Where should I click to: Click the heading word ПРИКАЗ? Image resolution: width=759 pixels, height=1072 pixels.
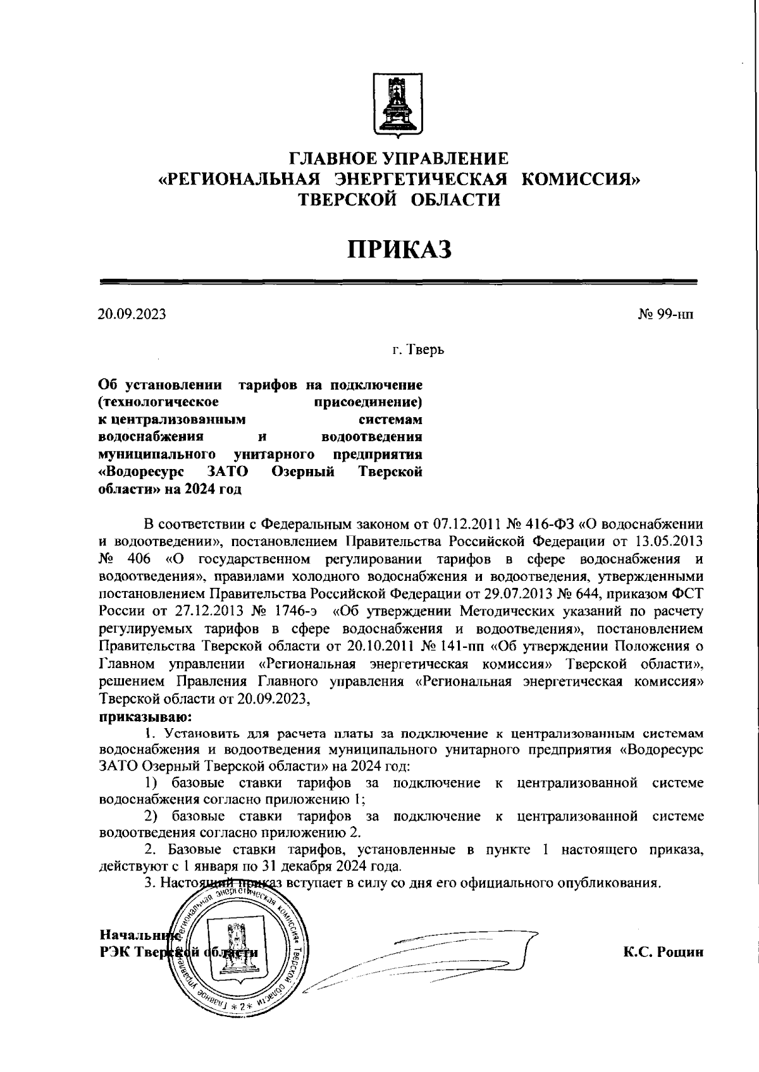[x=399, y=249]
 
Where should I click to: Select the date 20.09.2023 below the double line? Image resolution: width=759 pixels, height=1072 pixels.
[x=132, y=314]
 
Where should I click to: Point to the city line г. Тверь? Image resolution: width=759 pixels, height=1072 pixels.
[x=417, y=349]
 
